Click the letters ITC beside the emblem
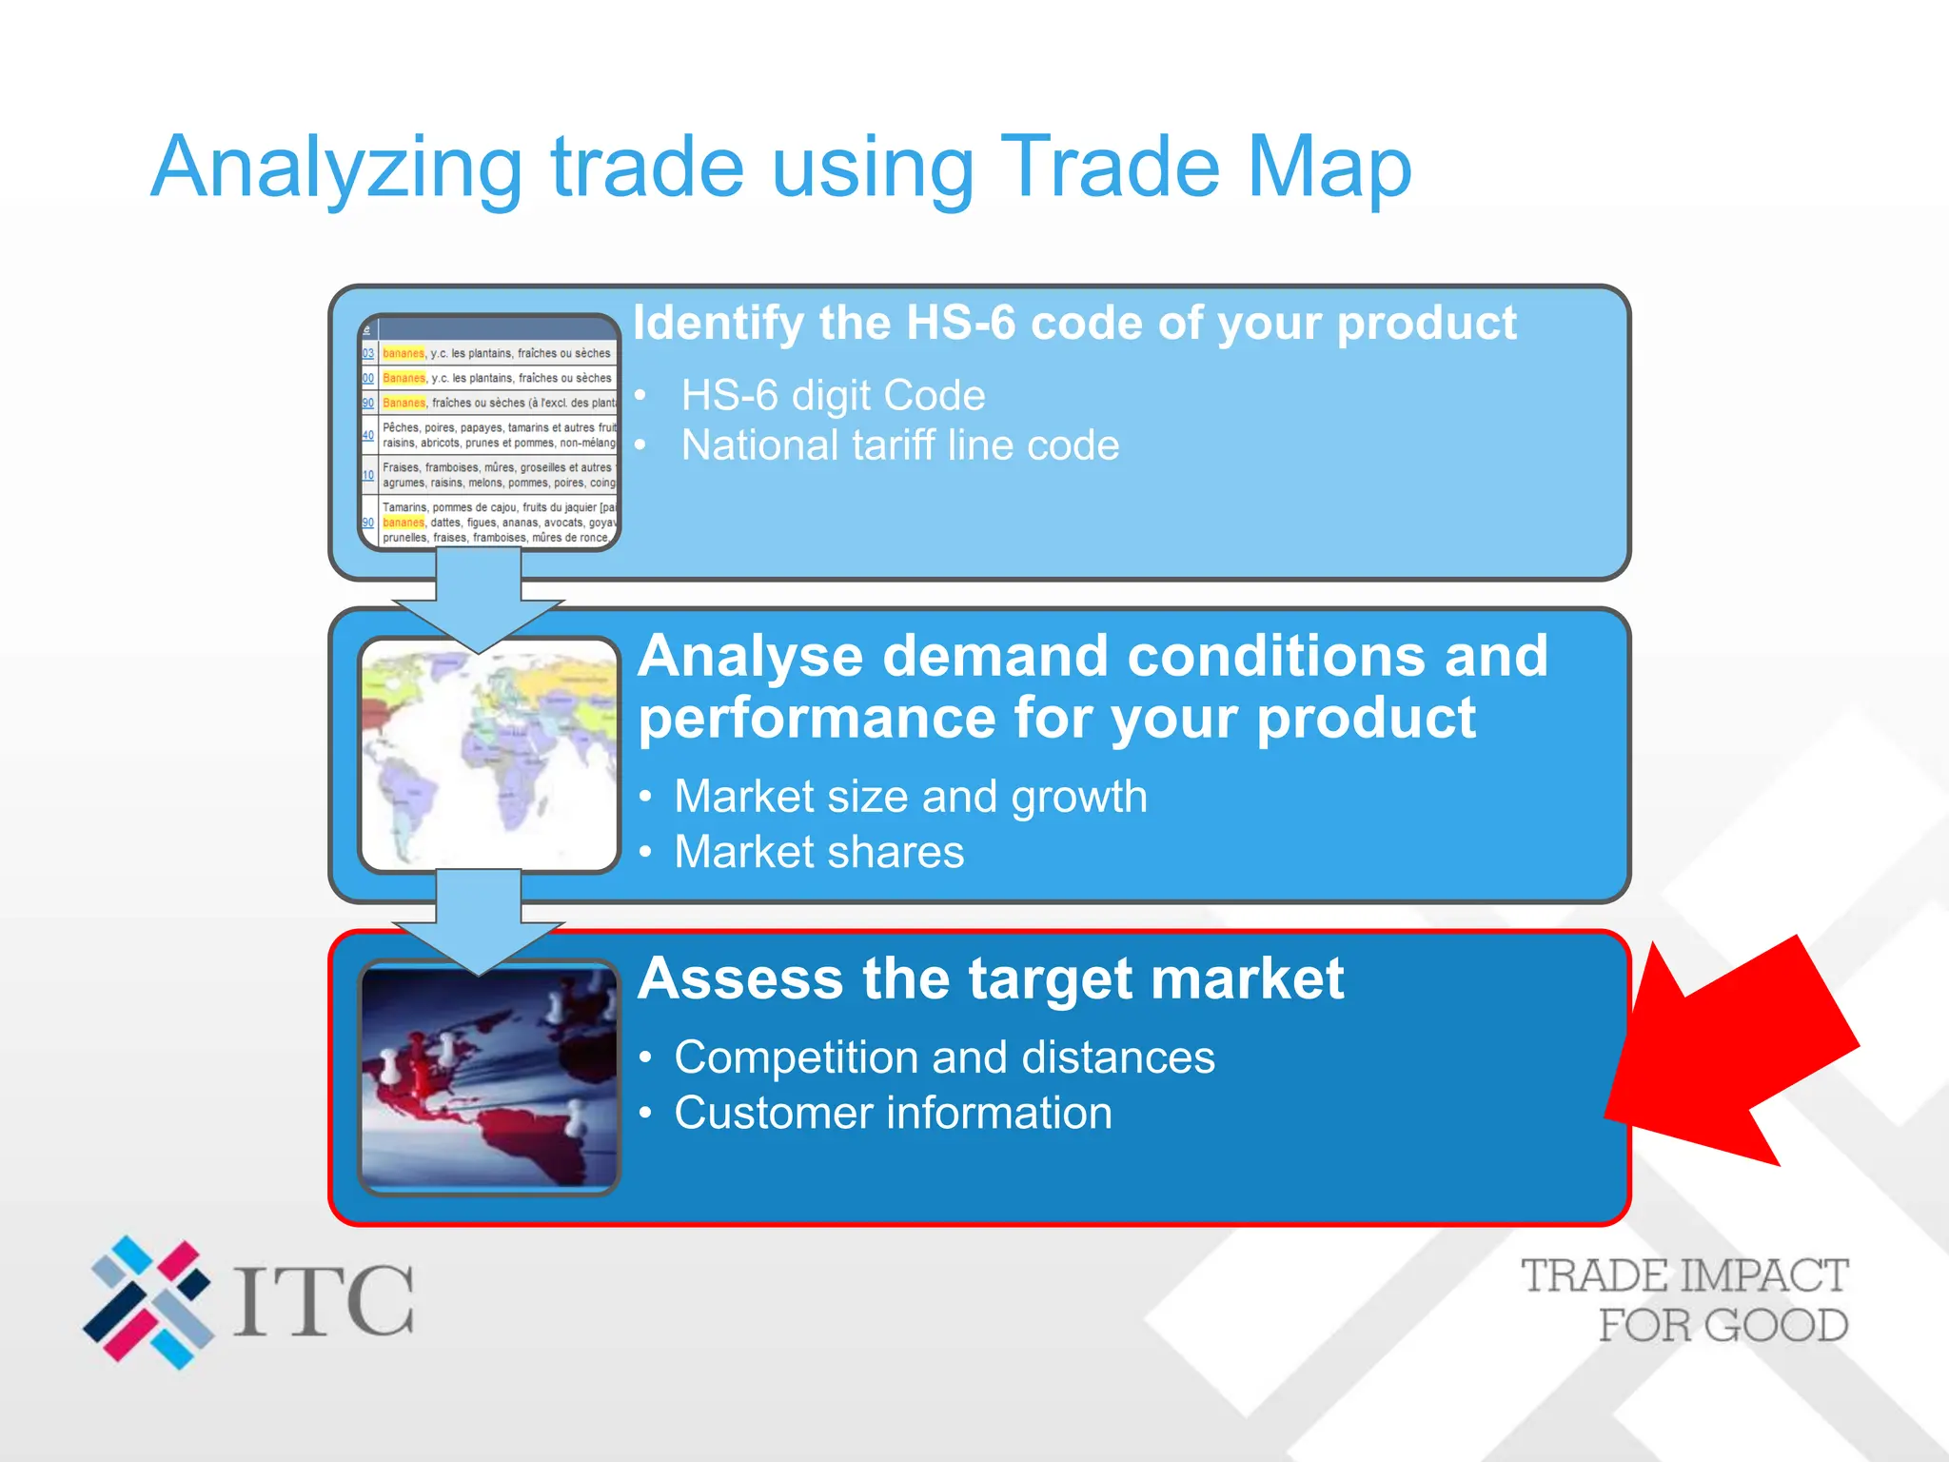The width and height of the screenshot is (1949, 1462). (x=324, y=1301)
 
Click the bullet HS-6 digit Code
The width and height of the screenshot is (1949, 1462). (x=833, y=396)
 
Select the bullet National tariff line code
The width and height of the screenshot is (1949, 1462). (x=899, y=445)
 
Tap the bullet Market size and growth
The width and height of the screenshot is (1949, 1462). (x=910, y=797)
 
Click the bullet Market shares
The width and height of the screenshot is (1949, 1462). (x=818, y=852)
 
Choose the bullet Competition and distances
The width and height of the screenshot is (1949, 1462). (x=944, y=1057)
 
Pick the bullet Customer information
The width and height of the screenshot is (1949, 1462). (x=893, y=1114)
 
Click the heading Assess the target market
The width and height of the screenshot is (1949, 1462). (x=990, y=979)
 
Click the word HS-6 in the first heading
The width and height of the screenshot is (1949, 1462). (x=961, y=324)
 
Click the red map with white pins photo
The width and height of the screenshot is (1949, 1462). (x=489, y=1078)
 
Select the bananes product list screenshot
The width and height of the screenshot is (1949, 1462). (x=489, y=433)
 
